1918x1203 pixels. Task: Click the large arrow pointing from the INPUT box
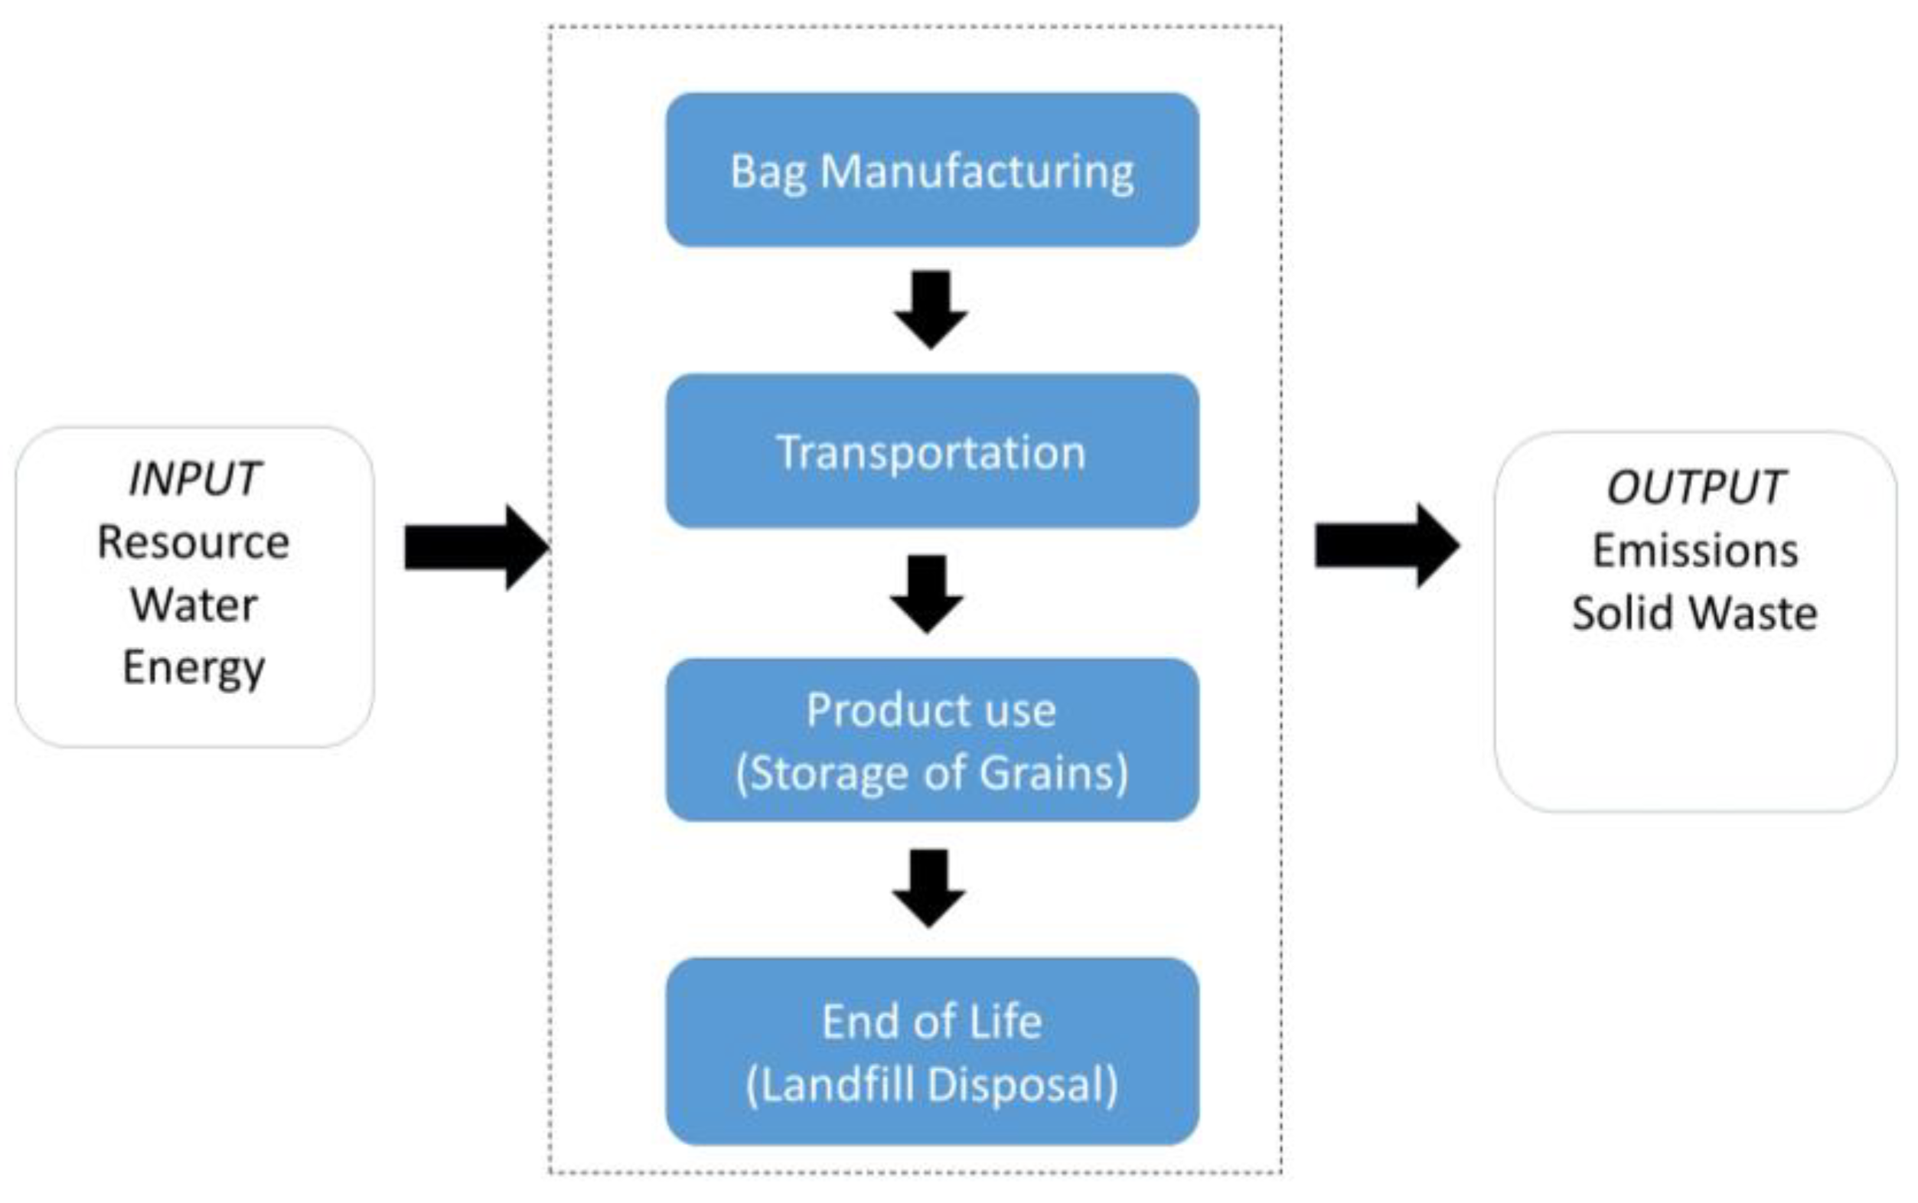pyautogui.click(x=476, y=547)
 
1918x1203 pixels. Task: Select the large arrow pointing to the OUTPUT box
pyautogui.click(x=1387, y=546)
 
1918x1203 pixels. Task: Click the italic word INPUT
pyautogui.click(x=194, y=480)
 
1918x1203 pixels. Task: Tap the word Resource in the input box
pyautogui.click(x=194, y=543)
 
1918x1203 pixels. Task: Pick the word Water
pyautogui.click(x=194, y=605)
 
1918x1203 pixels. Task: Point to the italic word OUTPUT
pyautogui.click(x=1695, y=487)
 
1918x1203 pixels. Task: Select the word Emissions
pyautogui.click(x=1695, y=550)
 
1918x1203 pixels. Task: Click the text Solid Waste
pyautogui.click(x=1695, y=614)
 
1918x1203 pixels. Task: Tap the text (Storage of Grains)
pyautogui.click(x=931, y=774)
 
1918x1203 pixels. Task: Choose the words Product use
pyautogui.click(x=931, y=709)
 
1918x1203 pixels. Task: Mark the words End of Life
pyautogui.click(x=931, y=1022)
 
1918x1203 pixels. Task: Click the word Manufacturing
pyautogui.click(x=977, y=172)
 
